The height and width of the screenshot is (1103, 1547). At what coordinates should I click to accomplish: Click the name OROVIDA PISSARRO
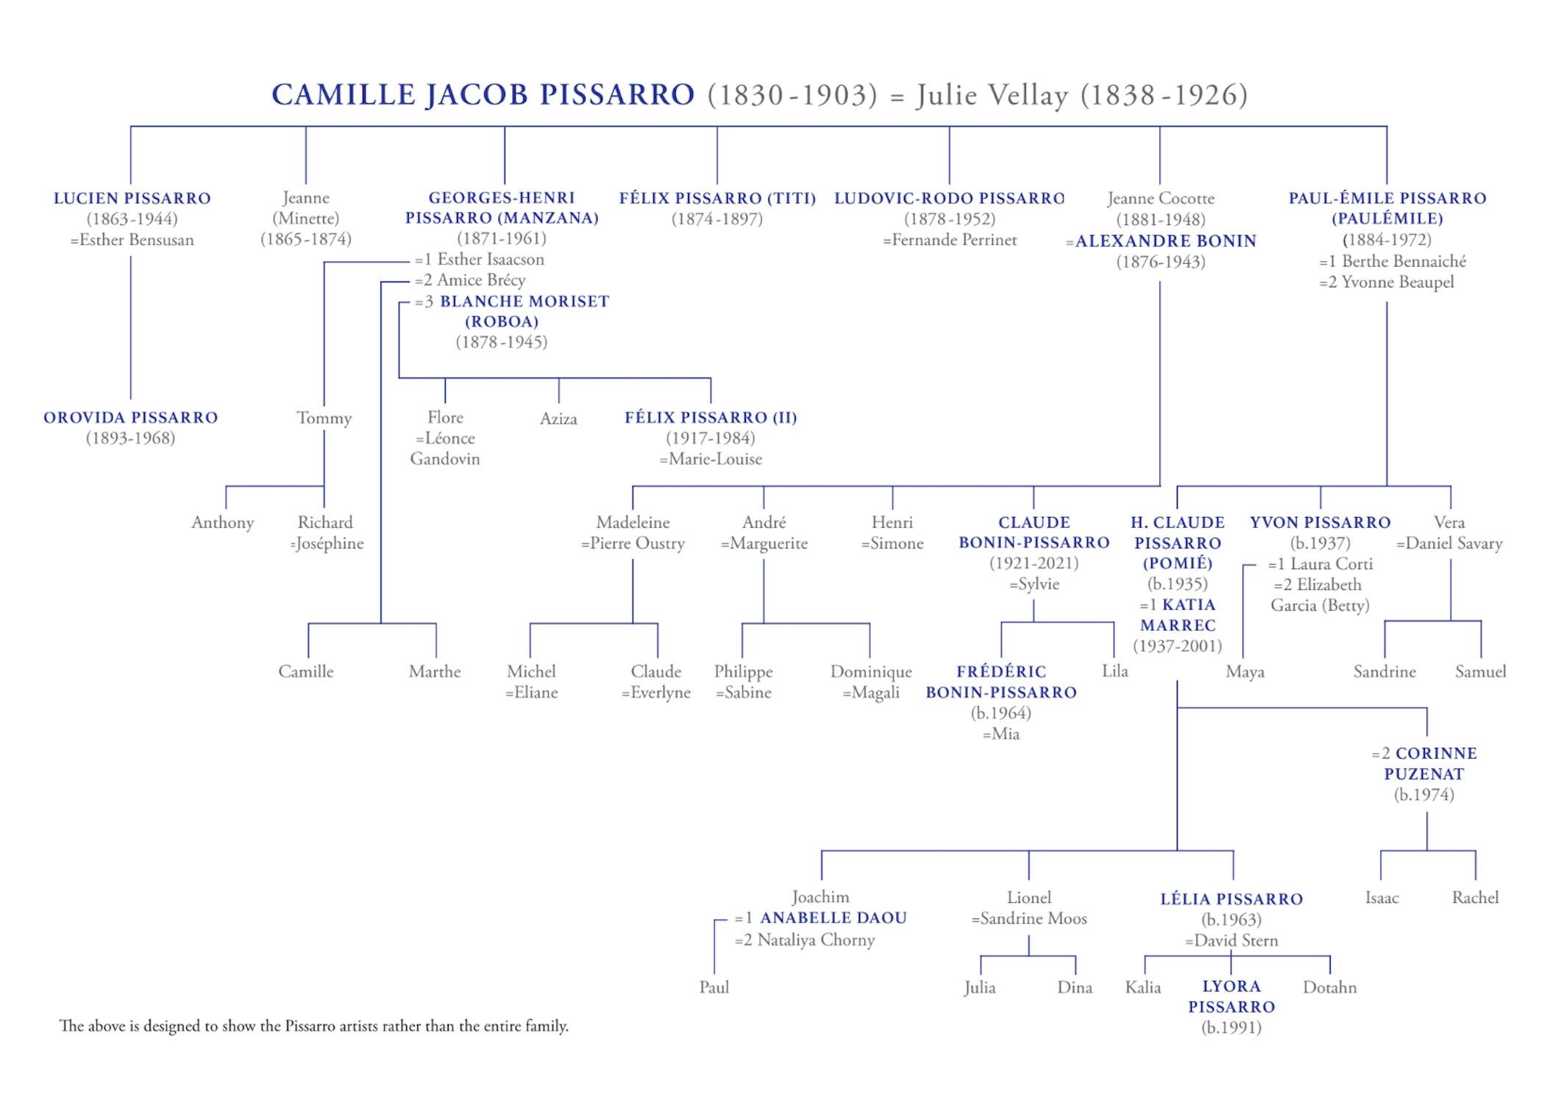click(131, 418)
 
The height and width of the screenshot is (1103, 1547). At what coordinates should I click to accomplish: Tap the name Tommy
click(324, 418)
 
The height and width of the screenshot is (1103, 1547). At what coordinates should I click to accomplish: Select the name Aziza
click(558, 419)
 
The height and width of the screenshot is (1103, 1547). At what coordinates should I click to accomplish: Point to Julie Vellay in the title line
click(992, 96)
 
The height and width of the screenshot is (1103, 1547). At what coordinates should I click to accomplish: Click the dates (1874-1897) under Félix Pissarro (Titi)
click(716, 219)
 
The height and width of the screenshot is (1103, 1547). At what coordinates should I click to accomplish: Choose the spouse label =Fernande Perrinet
click(950, 240)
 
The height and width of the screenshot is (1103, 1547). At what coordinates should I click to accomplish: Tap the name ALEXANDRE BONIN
click(1165, 241)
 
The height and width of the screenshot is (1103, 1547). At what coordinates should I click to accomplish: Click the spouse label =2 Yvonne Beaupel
click(1387, 282)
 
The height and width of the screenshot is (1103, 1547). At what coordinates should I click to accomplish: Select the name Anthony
click(222, 523)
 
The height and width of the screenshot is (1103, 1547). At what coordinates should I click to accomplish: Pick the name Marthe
click(435, 672)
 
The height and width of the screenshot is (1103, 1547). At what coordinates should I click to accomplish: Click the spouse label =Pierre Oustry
click(633, 544)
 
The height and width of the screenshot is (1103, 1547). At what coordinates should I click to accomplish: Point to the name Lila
click(1114, 671)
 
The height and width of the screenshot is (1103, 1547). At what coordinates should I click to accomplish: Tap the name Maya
click(1245, 672)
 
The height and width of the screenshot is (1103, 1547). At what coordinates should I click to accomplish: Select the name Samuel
click(1480, 672)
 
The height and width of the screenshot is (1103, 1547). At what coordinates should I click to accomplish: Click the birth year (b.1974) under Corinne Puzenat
click(1423, 795)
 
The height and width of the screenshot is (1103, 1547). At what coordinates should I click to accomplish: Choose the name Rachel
click(1475, 898)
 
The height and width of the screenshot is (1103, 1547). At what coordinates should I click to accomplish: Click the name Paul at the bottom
click(714, 988)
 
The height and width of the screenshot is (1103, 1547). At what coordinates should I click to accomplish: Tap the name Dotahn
click(1329, 988)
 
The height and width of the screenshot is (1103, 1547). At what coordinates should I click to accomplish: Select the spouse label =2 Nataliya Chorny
click(805, 940)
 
